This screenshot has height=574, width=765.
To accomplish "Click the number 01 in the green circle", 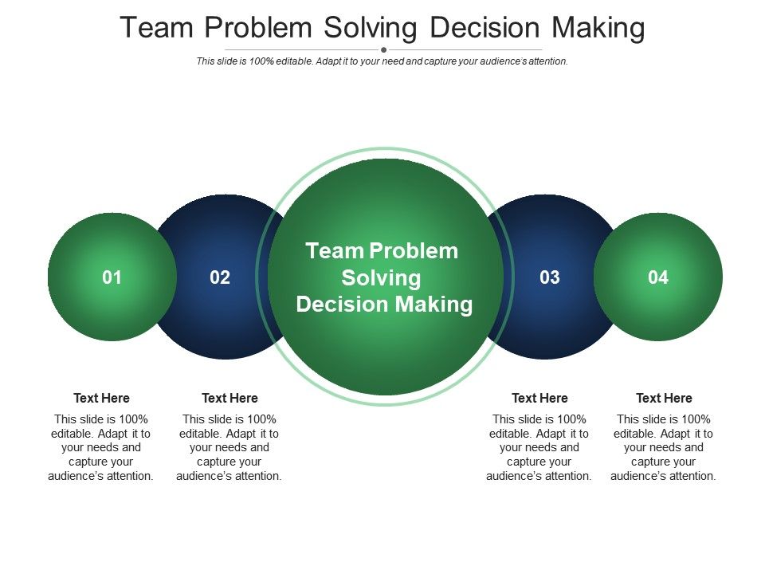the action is (x=112, y=277).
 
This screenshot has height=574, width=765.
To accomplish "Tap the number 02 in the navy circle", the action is (x=220, y=277).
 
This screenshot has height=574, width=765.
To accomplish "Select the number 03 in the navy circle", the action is (x=549, y=277).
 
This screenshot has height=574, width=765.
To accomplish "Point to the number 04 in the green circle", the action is (x=657, y=277).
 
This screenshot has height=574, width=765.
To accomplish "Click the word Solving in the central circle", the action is (x=381, y=279).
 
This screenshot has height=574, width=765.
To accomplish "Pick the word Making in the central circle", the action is (x=433, y=305).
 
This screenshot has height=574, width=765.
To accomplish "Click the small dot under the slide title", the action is (x=383, y=49).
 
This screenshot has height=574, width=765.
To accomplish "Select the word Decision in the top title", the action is (x=484, y=27).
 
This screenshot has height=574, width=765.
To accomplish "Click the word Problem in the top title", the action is (x=258, y=27).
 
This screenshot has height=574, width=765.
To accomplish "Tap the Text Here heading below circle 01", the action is (x=101, y=398).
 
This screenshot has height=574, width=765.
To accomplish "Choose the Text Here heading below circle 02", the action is (x=229, y=398).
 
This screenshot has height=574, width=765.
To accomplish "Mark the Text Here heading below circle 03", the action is (x=539, y=398).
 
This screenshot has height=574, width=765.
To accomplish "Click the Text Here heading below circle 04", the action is (x=664, y=398).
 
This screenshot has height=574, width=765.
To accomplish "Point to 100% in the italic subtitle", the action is (x=261, y=61).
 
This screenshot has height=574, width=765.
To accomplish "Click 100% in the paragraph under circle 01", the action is (x=133, y=419).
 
